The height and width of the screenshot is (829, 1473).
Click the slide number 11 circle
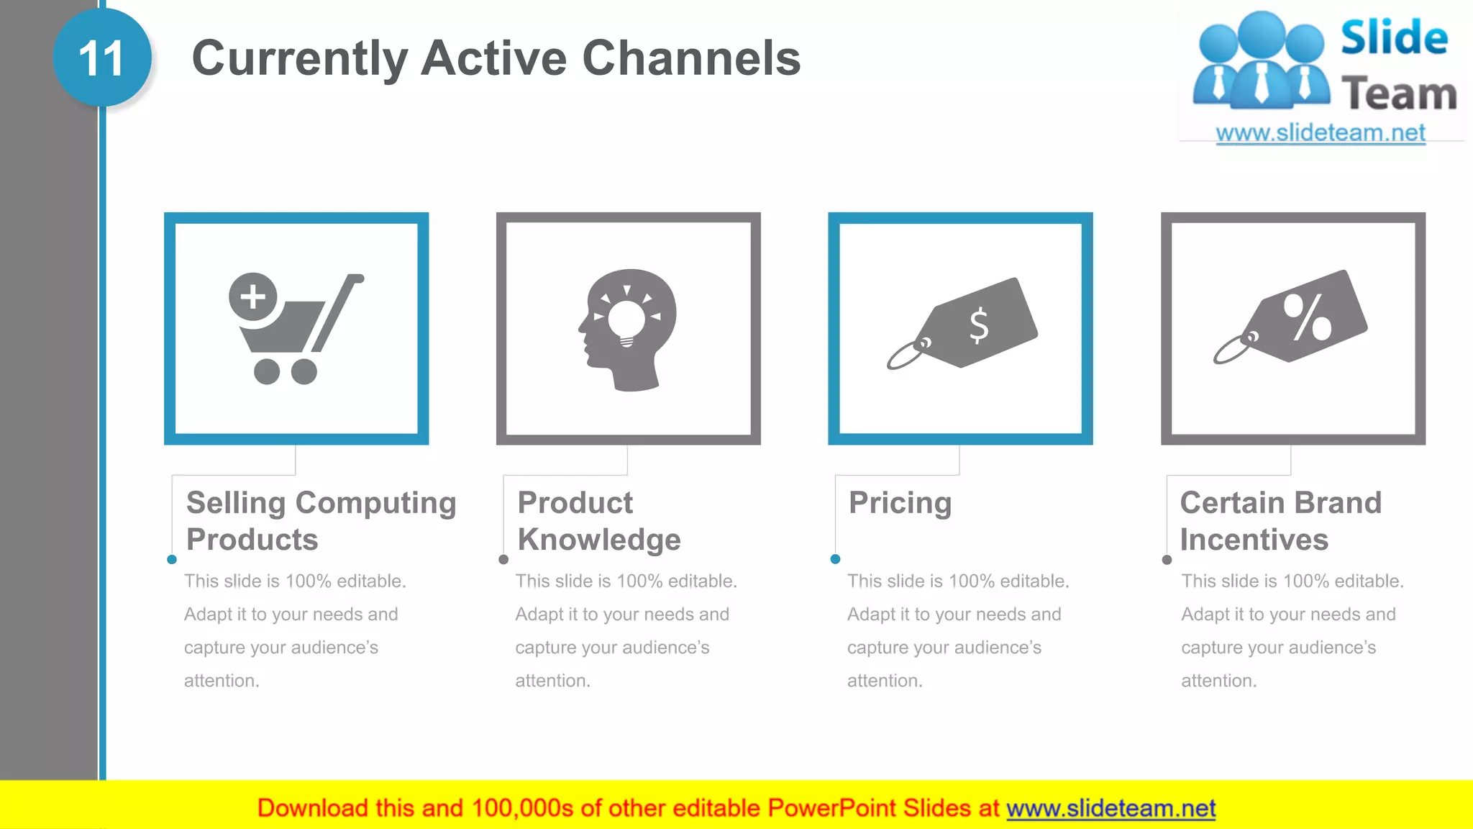tap(101, 58)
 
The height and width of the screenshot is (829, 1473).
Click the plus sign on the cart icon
tap(252, 296)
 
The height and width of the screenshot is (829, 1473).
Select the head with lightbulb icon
tap(628, 330)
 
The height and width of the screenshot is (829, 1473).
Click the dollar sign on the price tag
tap(978, 325)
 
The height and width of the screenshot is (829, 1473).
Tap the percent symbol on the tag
tap(1308, 317)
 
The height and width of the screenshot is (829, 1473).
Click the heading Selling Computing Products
tap(321, 521)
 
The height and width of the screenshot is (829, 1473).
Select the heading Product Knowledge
tap(598, 521)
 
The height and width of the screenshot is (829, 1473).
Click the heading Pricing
tap(900, 502)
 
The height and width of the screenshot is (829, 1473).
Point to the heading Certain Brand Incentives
tap(1280, 521)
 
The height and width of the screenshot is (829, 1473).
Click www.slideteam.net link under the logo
tap(1320, 133)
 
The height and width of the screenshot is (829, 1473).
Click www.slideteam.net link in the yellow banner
tap(1111, 808)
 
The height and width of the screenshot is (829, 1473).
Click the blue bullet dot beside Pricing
tap(835, 559)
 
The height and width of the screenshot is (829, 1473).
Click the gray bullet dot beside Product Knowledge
tap(503, 560)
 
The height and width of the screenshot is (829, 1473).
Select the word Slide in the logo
tap(1394, 37)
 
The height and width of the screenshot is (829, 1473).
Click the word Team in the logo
tap(1399, 94)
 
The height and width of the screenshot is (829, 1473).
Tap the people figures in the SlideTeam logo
tap(1261, 61)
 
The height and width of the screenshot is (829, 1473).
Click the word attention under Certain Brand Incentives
tap(1218, 681)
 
